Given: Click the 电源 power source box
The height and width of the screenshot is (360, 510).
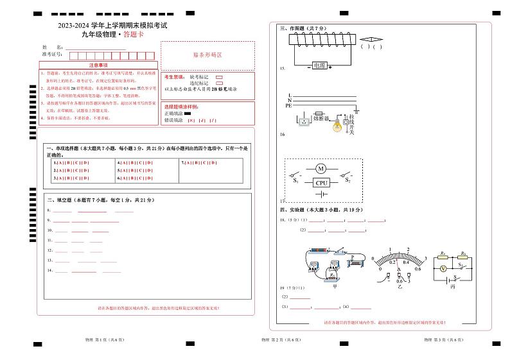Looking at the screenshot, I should (319, 65).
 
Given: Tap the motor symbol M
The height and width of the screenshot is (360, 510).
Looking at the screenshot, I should (321, 169).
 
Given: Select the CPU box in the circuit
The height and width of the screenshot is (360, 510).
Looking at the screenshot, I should (322, 183).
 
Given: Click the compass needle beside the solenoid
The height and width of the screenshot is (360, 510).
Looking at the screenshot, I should (372, 39).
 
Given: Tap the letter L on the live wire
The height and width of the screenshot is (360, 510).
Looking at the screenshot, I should (290, 95).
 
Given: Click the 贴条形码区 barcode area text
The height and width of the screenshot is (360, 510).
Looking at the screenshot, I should (207, 56).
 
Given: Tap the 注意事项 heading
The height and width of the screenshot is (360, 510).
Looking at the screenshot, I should (98, 65).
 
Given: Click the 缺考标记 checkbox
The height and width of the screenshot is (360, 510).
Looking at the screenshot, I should (219, 77).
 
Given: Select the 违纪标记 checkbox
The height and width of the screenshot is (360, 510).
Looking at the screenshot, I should (219, 83).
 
